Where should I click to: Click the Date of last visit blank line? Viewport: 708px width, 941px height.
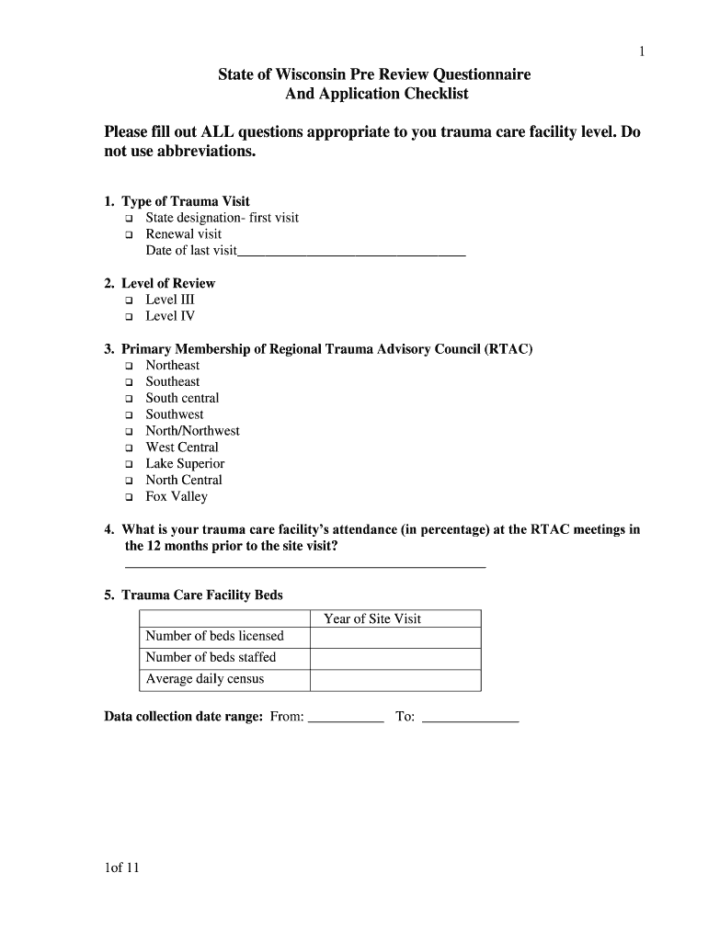pos(351,251)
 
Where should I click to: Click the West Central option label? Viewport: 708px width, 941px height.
pos(182,448)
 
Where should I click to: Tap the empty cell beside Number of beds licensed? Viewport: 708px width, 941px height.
pos(395,637)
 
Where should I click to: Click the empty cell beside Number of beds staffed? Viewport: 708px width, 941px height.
pos(395,658)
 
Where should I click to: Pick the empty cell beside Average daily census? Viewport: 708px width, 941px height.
pos(395,680)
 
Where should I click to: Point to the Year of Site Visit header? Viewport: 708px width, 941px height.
pos(372,618)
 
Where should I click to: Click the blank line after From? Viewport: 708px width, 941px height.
pos(346,719)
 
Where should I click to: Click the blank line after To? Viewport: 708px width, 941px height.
pos(470,719)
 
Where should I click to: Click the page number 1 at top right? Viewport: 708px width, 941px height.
pos(642,52)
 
